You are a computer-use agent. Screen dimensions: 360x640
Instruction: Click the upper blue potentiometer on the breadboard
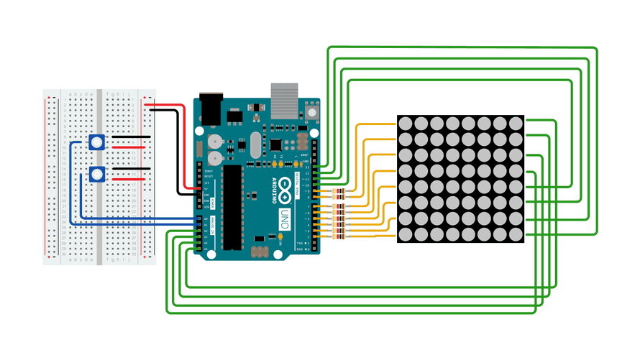(96, 142)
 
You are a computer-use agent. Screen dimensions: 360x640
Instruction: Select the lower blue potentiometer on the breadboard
(96, 174)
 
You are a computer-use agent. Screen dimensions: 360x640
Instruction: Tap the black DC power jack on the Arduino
(210, 108)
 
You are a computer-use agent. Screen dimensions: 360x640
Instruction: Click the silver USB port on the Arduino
(283, 98)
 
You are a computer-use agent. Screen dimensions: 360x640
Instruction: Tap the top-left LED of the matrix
(405, 124)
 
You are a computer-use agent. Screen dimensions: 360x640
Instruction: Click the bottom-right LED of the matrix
(515, 234)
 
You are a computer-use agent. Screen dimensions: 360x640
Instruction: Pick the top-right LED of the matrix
(515, 124)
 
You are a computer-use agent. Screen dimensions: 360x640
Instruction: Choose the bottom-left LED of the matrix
(405, 234)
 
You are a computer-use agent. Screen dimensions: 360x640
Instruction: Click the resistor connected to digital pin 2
(339, 235)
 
